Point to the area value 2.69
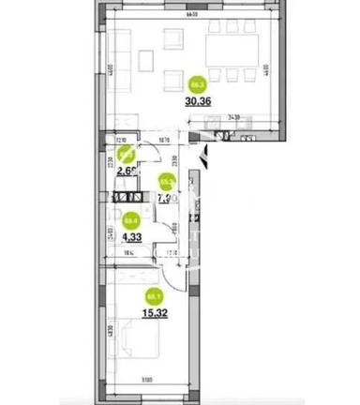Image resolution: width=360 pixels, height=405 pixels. click(x=128, y=173)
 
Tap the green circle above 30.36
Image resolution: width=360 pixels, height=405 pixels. click(x=198, y=80)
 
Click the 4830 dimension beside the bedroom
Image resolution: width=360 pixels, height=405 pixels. click(x=109, y=329)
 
